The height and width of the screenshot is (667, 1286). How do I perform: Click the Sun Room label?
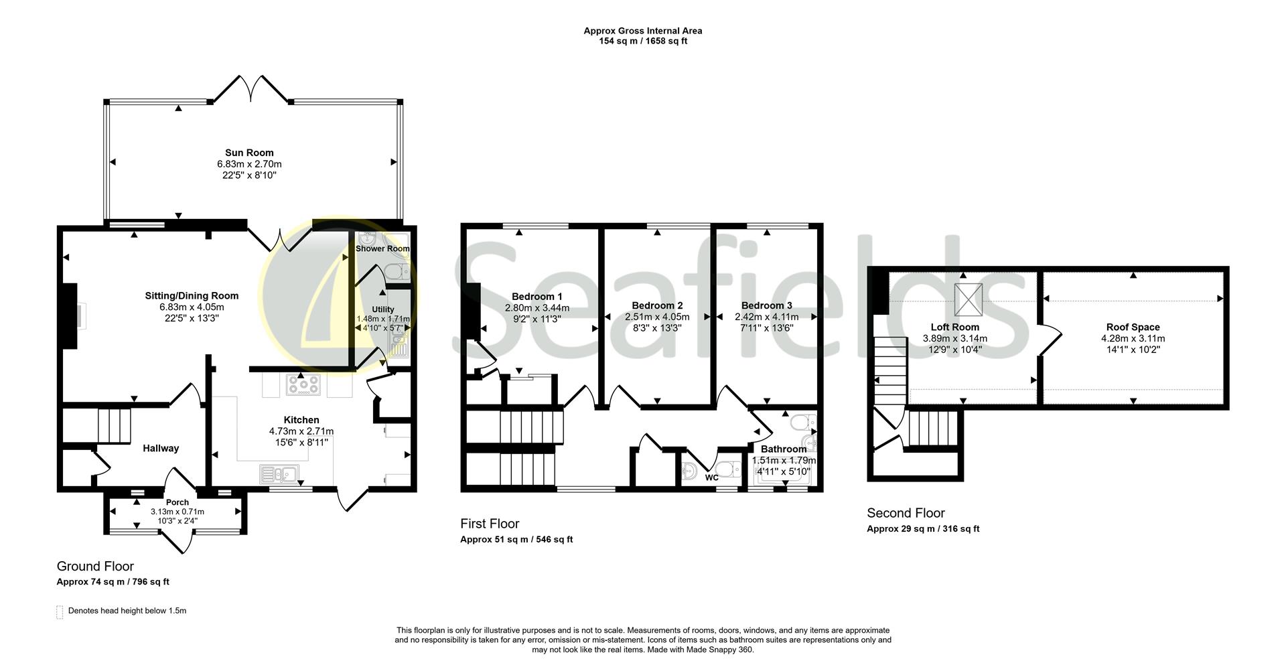point(249,153)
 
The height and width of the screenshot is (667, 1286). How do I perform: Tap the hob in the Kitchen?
point(303,384)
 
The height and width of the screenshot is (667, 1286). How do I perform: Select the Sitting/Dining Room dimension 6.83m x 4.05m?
point(192,307)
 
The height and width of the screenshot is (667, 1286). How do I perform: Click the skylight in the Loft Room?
point(969,299)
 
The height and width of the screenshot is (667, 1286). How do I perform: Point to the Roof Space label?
point(1133,327)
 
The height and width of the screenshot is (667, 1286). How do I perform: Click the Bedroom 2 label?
point(656,305)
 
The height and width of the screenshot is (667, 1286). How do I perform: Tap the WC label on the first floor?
point(711,477)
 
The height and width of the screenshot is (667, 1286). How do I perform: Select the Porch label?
point(177,502)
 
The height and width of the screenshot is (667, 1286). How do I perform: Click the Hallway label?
point(161,448)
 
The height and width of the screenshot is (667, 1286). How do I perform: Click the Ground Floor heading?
point(95,567)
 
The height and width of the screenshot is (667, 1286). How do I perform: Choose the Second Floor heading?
point(906,513)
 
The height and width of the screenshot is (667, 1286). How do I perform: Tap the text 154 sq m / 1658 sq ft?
point(642,41)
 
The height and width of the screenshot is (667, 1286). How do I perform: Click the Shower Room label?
point(382,248)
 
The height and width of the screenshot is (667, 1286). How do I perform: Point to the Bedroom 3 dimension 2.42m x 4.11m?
point(766,317)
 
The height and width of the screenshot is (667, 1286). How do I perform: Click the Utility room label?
point(383,309)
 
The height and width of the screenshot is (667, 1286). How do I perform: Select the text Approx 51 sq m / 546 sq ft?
point(516,539)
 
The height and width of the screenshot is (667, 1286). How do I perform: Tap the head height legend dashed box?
point(59,611)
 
